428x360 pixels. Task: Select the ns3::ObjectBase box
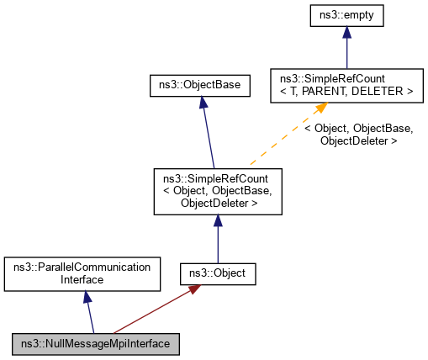tap(199, 85)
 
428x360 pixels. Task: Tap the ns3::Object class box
tap(218, 273)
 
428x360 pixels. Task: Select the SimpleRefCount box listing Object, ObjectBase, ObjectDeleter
tap(218, 190)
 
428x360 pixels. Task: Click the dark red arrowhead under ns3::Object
tap(194, 289)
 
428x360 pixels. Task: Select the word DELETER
tap(381, 91)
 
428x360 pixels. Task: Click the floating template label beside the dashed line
tap(358, 135)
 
